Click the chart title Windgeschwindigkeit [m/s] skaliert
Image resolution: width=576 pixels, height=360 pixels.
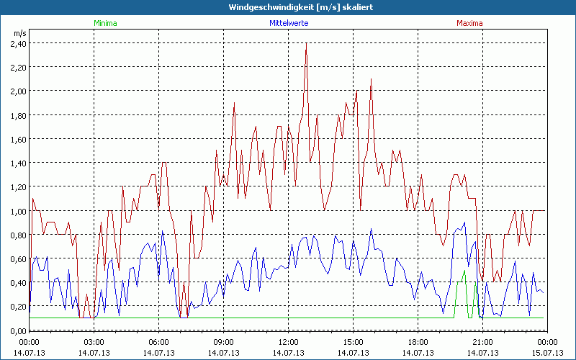click(x=288, y=7)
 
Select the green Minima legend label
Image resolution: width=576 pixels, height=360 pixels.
click(x=104, y=23)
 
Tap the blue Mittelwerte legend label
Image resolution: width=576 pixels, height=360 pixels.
click(x=288, y=23)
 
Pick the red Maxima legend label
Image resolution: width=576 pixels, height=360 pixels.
click(x=469, y=23)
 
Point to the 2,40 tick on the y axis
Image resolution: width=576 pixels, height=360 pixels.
click(x=18, y=43)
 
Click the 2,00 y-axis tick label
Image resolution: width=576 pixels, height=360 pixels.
click(x=18, y=91)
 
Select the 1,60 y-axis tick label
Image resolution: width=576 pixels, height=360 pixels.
click(x=18, y=139)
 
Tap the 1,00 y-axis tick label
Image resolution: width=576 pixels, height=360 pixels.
click(x=18, y=211)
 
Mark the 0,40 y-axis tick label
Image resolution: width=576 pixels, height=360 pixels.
click(x=18, y=282)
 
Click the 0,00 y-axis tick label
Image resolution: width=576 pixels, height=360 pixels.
click(x=18, y=330)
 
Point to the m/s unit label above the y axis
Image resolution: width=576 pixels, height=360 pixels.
click(x=19, y=32)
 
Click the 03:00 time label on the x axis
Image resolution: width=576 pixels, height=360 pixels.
click(x=94, y=342)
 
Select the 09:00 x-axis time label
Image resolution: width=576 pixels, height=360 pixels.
click(x=223, y=342)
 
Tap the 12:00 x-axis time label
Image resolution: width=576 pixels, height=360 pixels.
click(x=288, y=342)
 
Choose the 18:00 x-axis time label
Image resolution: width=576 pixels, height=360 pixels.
click(x=418, y=342)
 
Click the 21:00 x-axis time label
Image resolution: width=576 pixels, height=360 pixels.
click(x=482, y=342)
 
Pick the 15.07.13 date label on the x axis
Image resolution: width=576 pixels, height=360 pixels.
click(x=547, y=353)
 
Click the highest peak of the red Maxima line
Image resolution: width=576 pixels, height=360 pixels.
click(x=306, y=44)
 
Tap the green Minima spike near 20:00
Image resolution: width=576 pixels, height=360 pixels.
click(x=464, y=271)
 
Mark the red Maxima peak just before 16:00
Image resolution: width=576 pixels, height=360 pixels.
click(x=372, y=79)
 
